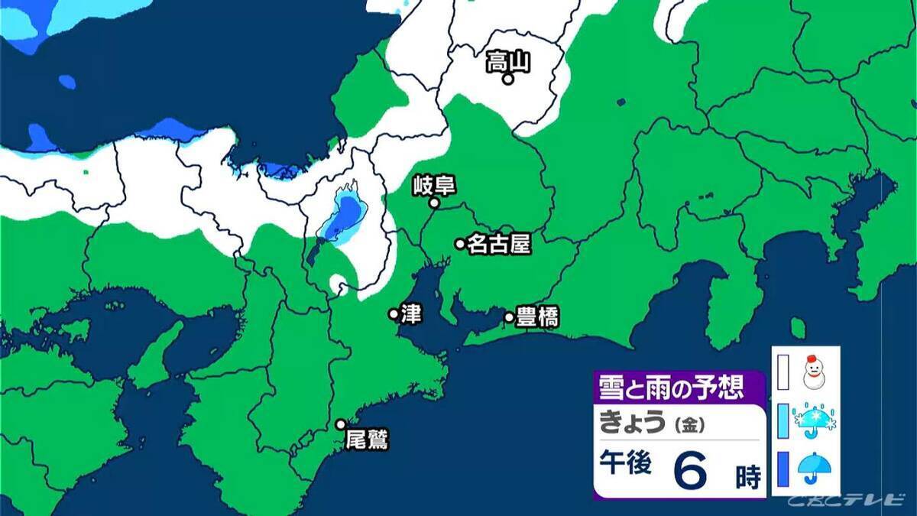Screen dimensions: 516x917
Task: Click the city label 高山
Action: point(508,61)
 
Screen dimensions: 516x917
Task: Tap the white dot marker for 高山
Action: point(507,78)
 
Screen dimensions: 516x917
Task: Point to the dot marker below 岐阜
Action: point(433,203)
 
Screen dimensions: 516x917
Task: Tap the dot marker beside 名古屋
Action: point(460,244)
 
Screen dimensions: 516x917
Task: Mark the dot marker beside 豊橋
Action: point(509,317)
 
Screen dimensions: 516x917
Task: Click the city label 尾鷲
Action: point(367,440)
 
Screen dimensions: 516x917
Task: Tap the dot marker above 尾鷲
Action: point(341,424)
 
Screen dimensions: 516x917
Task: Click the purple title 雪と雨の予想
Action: point(671,388)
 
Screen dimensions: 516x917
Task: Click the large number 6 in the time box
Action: point(691,469)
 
